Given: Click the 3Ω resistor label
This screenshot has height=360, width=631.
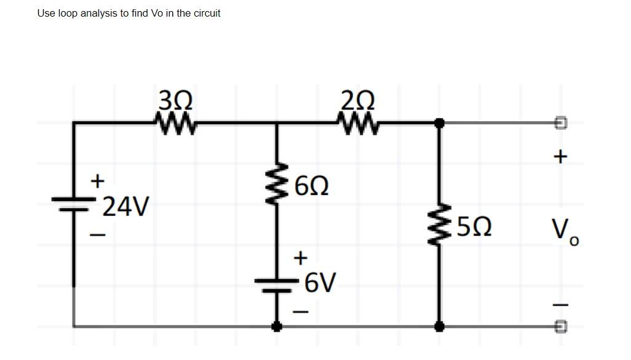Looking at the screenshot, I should click(x=175, y=99).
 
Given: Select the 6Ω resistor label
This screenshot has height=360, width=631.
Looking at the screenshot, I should click(x=311, y=185).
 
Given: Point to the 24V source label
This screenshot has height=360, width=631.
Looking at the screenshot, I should click(x=125, y=207).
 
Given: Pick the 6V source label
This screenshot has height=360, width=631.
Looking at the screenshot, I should click(x=320, y=282).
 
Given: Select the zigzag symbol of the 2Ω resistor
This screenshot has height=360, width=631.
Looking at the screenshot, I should click(x=358, y=123).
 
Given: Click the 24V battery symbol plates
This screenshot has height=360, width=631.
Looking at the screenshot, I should click(x=74, y=204).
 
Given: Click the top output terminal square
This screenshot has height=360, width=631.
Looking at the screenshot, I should click(x=560, y=123).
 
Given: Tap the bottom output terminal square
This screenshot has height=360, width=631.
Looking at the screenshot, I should click(x=560, y=326).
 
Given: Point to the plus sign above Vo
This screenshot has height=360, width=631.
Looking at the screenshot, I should click(x=560, y=158).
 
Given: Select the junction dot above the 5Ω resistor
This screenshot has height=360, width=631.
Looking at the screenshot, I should click(x=439, y=123).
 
